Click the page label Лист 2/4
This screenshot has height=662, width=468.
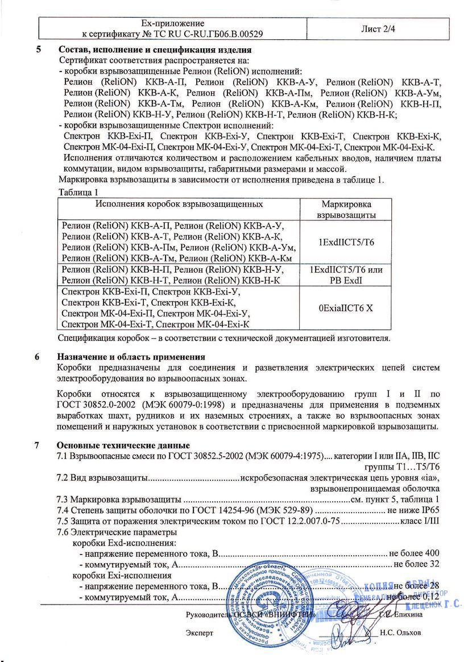click(378, 28)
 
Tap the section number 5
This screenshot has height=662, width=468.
click(39, 49)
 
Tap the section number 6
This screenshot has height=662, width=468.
click(38, 357)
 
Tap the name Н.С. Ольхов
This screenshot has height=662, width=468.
click(401, 632)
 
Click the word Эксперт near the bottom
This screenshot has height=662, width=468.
click(200, 632)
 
